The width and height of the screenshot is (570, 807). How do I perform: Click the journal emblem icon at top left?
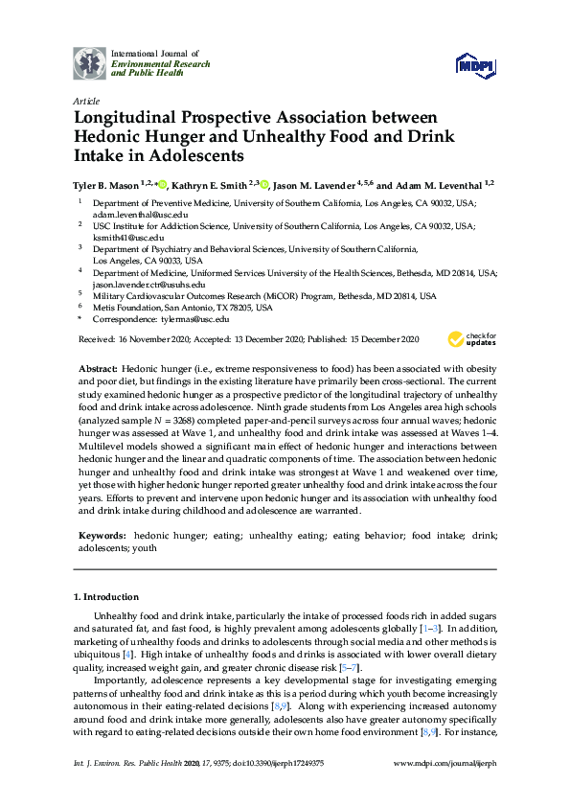point(90,63)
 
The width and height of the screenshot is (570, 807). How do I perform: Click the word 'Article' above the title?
point(84,101)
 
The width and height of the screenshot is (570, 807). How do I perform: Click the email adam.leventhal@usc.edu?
point(131,217)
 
